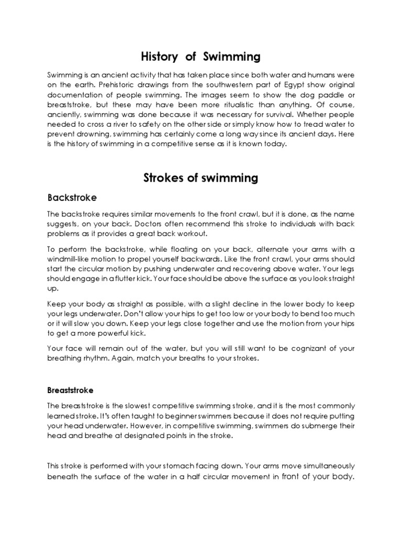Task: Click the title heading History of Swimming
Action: tap(200, 56)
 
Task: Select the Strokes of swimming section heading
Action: tap(200, 178)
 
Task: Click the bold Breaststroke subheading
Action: tap(71, 390)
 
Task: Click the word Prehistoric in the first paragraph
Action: tap(111, 85)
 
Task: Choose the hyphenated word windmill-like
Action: tap(71, 260)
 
